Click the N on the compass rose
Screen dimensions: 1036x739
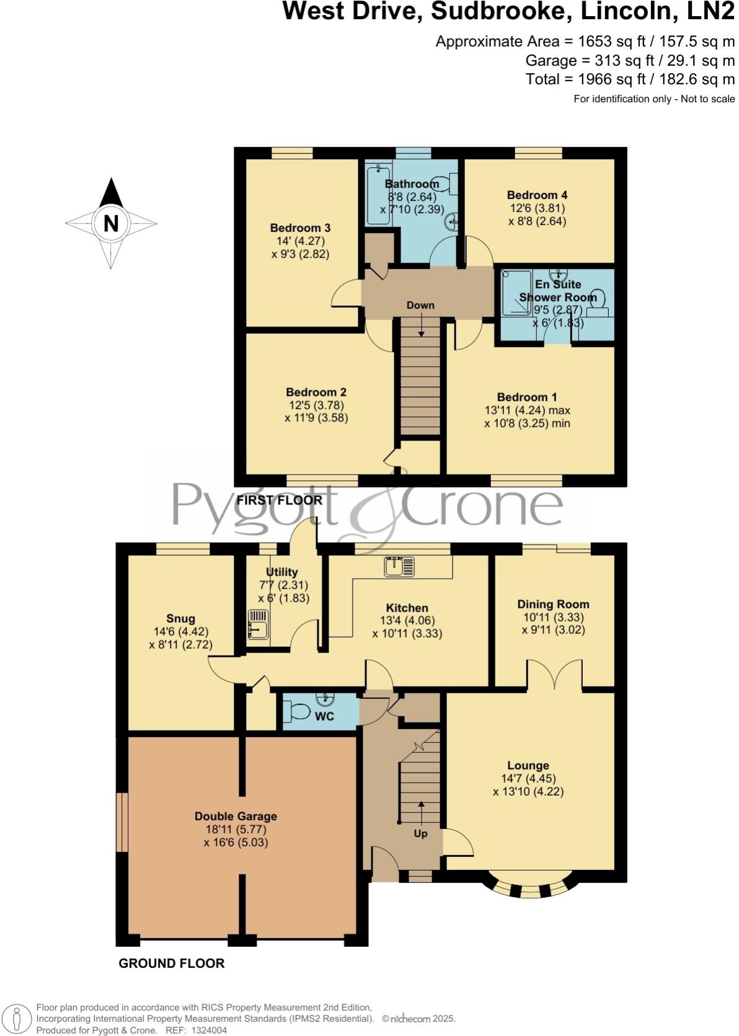click(x=111, y=223)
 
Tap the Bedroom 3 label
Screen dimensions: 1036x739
click(x=300, y=227)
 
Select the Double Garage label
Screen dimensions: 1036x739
click(x=236, y=816)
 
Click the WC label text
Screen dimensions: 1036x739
click(x=324, y=716)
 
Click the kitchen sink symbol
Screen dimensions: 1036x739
click(x=398, y=566)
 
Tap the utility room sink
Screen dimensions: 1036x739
click(x=257, y=624)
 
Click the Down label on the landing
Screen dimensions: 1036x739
click(x=420, y=305)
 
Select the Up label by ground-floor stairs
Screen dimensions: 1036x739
click(x=420, y=833)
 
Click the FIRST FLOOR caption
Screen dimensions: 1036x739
click(x=280, y=500)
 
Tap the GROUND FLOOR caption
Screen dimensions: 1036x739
click(x=172, y=963)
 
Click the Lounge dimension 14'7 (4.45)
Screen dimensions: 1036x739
click(x=528, y=778)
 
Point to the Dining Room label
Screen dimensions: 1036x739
click(x=553, y=604)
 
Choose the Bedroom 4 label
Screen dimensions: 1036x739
click(x=537, y=195)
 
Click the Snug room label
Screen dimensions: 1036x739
click(x=180, y=618)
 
